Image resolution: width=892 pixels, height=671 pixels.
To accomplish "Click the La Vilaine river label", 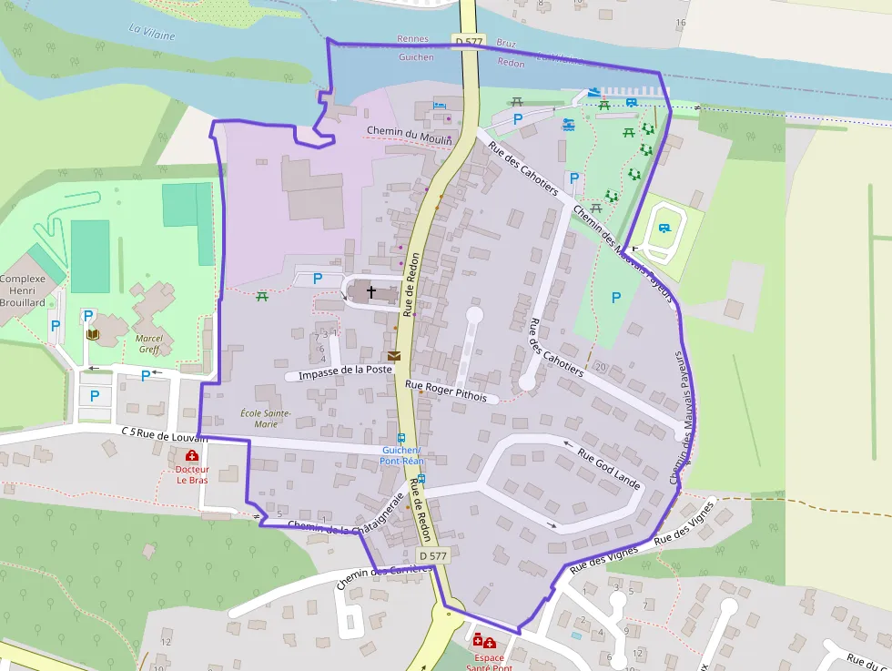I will (x=148, y=31).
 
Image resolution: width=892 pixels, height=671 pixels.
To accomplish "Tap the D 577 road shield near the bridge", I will (x=469, y=41).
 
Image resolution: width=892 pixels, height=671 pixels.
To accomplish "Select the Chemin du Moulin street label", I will (x=410, y=132).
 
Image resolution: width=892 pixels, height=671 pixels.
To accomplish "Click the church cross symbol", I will (x=370, y=292).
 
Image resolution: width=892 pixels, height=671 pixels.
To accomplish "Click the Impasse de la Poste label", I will (x=345, y=372).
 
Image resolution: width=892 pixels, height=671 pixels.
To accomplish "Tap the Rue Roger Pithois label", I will (x=452, y=391).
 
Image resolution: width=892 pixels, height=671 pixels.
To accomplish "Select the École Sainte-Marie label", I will (x=266, y=419).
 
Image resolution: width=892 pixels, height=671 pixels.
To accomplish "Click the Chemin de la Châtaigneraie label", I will (x=345, y=514).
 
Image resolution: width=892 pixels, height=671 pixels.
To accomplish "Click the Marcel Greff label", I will (x=148, y=343).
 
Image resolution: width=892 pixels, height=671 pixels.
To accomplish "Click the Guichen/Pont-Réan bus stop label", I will (x=401, y=455).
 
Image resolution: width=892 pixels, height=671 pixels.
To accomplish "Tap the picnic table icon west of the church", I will (x=263, y=296).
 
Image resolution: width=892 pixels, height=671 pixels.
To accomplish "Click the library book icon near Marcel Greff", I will (x=92, y=335).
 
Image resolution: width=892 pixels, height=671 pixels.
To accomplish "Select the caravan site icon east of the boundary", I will (x=664, y=229).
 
